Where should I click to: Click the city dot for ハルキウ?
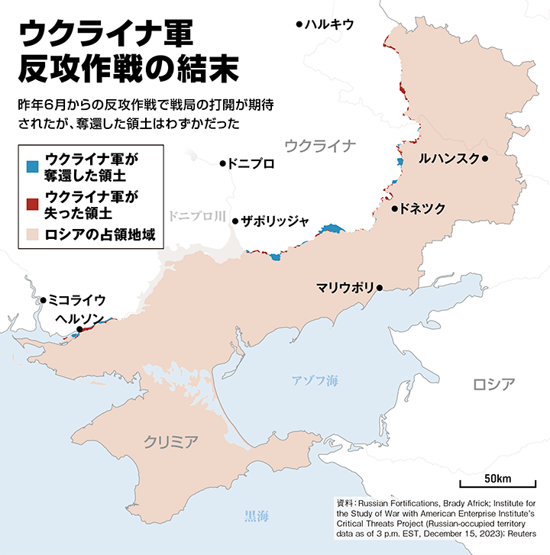tap(299, 24)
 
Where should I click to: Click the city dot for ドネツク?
tap(394, 208)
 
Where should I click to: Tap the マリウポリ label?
tap(345, 288)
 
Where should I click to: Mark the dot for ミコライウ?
tap(44, 300)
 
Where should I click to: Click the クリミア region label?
tap(172, 440)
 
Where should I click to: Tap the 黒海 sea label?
tap(257, 515)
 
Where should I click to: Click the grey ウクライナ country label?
tap(320, 145)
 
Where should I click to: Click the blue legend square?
tap(31, 164)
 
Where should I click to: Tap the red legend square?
tap(31, 203)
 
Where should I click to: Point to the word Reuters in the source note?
tap(523, 534)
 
